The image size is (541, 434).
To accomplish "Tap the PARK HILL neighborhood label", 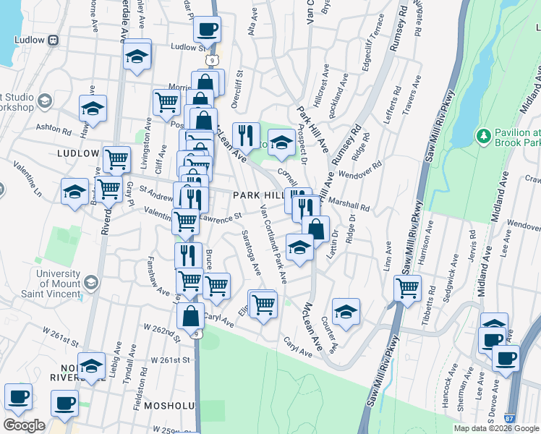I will [x=256, y=196].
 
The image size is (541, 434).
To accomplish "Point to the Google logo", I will [x=24, y=425].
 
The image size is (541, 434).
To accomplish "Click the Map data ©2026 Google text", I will [x=496, y=428].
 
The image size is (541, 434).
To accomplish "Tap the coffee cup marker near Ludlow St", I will [x=207, y=30].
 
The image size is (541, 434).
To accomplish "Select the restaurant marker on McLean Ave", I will [x=246, y=135].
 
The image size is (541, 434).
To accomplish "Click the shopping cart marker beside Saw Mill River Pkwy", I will [x=408, y=289].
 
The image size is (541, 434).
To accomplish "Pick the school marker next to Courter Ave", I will [x=346, y=312].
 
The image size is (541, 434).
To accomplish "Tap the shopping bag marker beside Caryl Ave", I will [x=191, y=316].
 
